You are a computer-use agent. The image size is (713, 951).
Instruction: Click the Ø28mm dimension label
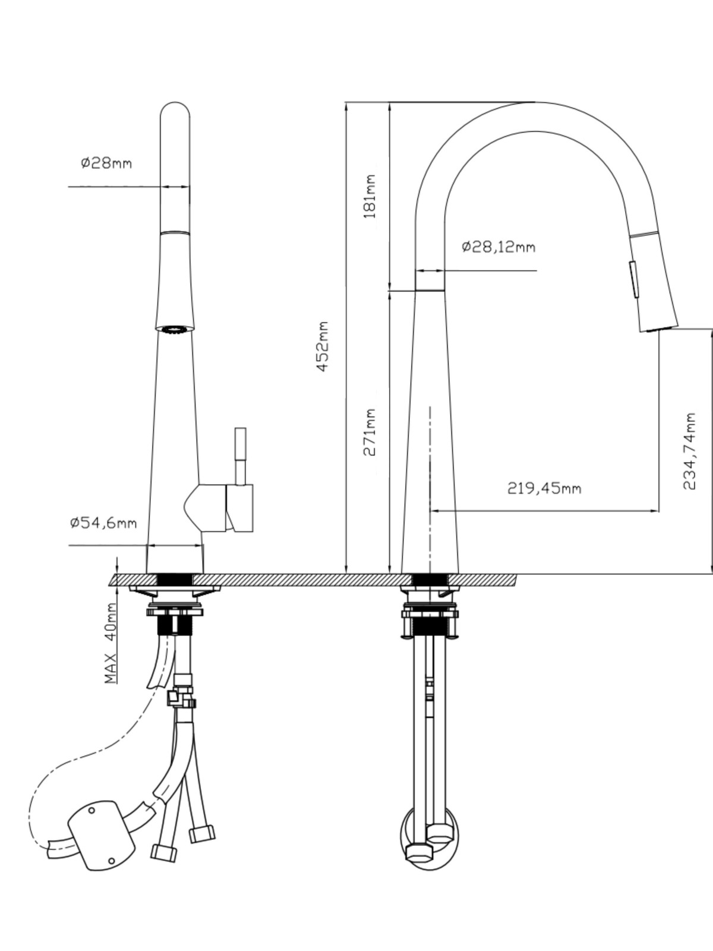tap(106, 163)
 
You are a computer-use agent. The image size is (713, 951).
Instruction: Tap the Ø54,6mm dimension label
tap(103, 523)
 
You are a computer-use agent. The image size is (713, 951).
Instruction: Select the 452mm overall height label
tap(323, 347)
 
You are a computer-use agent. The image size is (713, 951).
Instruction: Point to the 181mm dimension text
tap(369, 196)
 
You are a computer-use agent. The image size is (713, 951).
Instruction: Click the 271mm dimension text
tap(369, 432)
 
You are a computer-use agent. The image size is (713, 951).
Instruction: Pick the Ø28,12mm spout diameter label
tap(499, 247)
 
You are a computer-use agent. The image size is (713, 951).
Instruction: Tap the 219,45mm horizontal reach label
tap(544, 489)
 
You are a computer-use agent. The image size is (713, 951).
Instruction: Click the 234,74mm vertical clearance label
tap(689, 452)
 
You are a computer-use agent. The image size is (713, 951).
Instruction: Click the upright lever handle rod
tap(240, 456)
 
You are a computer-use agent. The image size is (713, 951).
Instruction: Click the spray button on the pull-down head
tap(633, 279)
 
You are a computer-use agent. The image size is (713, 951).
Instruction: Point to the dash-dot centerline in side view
tap(430, 490)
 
